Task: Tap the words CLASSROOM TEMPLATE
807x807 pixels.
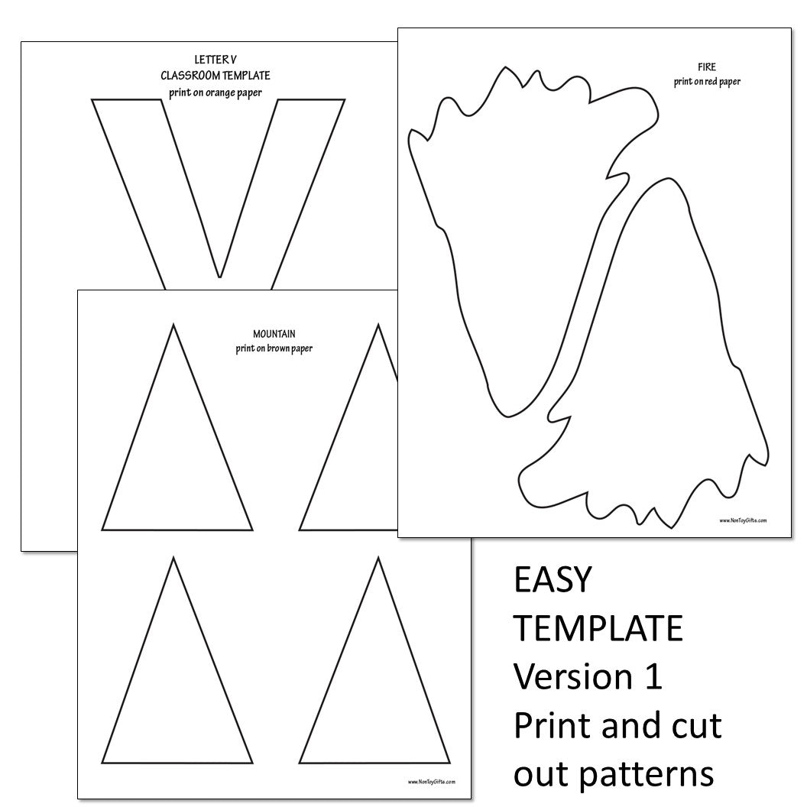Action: [x=216, y=76]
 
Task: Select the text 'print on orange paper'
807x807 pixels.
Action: [x=216, y=92]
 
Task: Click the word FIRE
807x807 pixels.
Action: [x=707, y=67]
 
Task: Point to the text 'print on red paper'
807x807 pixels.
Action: [x=707, y=81]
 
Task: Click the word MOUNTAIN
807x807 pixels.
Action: [x=274, y=334]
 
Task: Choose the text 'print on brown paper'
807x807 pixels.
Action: [x=274, y=348]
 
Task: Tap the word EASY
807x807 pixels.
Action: [x=553, y=579]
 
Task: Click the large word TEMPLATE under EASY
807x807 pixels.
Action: [x=598, y=628]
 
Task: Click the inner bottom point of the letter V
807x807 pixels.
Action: [x=220, y=277]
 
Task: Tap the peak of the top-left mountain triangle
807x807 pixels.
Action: [x=173, y=324]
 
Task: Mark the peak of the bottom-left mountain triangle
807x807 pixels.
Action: [x=173, y=557]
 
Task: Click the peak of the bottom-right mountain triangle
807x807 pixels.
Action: [x=378, y=557]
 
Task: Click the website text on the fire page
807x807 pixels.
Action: [x=743, y=520]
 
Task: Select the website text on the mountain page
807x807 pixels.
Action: [x=432, y=782]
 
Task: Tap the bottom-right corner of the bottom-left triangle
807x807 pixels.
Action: [x=252, y=763]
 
